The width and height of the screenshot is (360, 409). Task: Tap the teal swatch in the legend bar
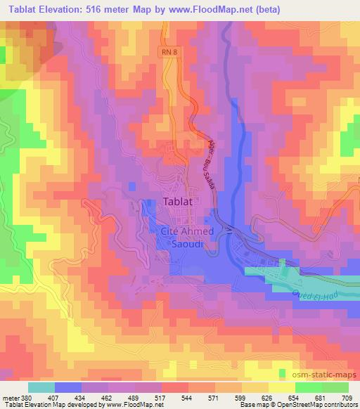pos(41,387)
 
